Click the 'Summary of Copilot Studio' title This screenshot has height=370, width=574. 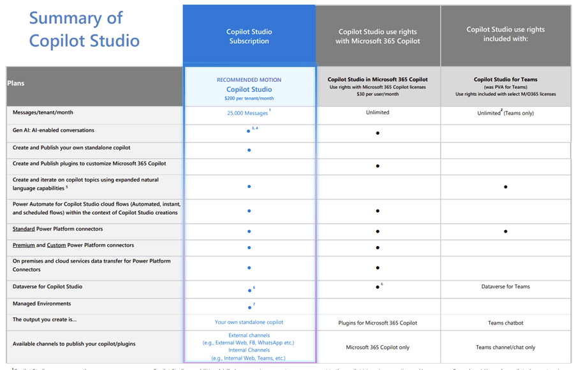coord(84,29)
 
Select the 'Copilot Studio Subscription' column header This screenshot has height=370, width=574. coord(249,36)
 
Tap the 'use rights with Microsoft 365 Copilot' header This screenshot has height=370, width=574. coord(378,36)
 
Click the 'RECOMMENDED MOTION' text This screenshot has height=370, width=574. coord(249,80)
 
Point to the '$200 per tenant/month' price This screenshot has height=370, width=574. coord(249,98)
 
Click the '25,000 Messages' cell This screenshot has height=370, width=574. coord(247,114)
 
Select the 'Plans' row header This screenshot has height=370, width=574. coord(16,83)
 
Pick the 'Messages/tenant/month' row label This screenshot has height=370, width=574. coord(43,112)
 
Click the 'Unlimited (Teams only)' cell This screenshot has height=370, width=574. coord(505,113)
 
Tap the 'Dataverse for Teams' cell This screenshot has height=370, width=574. coord(505,286)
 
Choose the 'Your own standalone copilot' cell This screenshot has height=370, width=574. coord(249,322)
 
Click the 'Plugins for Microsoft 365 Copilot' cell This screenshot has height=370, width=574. coord(378,323)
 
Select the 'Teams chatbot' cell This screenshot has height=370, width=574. coord(505,323)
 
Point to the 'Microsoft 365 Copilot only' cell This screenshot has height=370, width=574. coord(378,348)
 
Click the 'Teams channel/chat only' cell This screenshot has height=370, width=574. coord(505,348)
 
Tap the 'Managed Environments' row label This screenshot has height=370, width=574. coord(41,304)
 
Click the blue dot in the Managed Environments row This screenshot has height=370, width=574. coord(249,307)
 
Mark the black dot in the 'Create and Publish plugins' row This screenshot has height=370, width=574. coord(378,166)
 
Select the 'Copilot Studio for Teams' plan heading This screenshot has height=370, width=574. coord(505,80)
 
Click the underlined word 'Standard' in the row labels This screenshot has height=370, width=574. coord(24,229)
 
